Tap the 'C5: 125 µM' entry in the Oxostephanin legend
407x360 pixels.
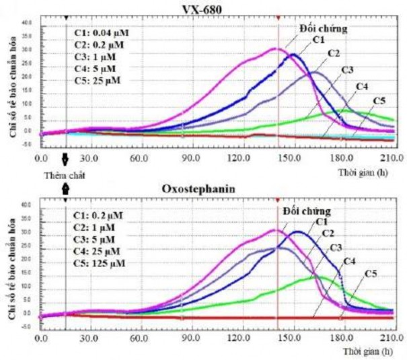pos(102,263)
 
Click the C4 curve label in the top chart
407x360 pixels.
pos(361,87)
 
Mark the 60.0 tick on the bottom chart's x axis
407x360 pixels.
pos(139,338)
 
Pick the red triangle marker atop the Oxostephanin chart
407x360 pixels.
pos(277,199)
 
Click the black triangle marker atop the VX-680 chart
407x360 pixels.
pos(65,17)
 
